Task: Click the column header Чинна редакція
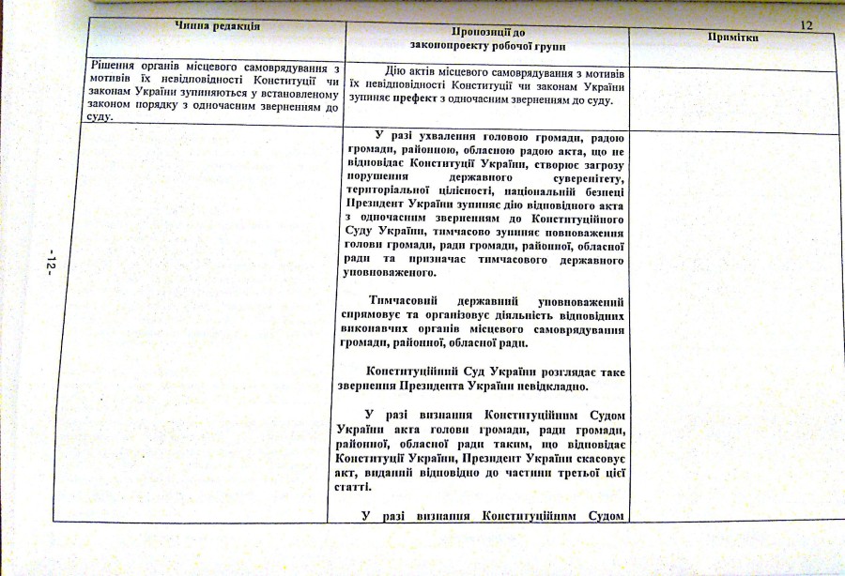(x=217, y=25)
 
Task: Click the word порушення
(x=378, y=175)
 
